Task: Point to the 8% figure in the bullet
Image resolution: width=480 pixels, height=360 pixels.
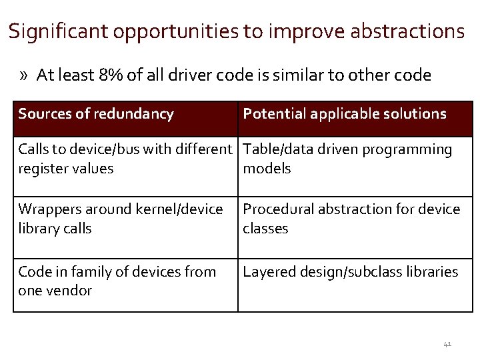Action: coord(109,75)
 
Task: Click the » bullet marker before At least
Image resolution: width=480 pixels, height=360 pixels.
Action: coord(25,75)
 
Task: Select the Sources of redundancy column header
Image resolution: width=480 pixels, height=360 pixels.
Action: coord(96,114)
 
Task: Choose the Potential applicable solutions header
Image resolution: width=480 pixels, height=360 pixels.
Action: coord(345,114)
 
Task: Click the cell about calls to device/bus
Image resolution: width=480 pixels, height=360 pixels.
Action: coord(126,159)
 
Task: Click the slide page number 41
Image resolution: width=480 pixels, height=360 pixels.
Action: coord(447,344)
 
